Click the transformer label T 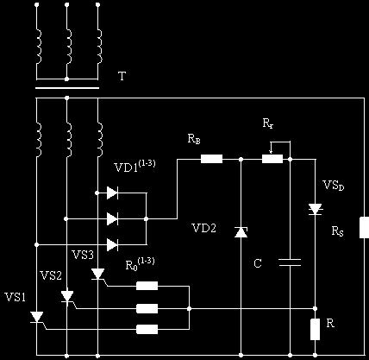[122, 76]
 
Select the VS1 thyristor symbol [37, 317]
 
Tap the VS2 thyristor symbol [67, 296]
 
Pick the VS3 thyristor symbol [98, 274]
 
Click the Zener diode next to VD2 [241, 232]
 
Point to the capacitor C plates [290, 262]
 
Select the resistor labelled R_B [211, 159]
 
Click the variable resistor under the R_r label [272, 159]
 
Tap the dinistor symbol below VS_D [316, 209]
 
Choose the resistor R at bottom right [316, 329]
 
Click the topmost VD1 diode [112, 193]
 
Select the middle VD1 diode [112, 219]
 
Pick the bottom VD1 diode [112, 245]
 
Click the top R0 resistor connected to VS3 [147, 286]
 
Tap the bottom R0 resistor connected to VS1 [147, 329]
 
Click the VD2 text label [203, 229]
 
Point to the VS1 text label [16, 297]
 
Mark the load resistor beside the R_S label [365, 227]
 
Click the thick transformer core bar [67, 88]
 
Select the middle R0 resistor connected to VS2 [147, 308]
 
